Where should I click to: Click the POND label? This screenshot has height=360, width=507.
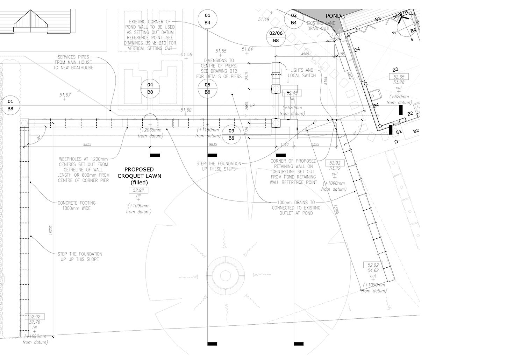[333, 16]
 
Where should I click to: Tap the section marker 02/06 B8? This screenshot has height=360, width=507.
[276, 37]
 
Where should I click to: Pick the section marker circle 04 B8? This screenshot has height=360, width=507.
[150, 88]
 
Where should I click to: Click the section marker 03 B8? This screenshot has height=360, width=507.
[231, 134]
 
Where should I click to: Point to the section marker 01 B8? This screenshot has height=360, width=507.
[10, 105]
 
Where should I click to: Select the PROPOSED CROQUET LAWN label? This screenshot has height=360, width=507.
[140, 176]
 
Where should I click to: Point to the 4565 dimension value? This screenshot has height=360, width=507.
[305, 54]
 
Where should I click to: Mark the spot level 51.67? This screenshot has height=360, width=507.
[65, 95]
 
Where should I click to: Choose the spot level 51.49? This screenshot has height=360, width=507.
[264, 19]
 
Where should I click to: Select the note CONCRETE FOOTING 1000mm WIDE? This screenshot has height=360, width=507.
[76, 205]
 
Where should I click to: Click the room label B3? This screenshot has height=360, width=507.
[395, 70]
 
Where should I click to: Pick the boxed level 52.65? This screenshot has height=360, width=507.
[399, 77]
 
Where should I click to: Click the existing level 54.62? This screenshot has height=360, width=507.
[373, 270]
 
